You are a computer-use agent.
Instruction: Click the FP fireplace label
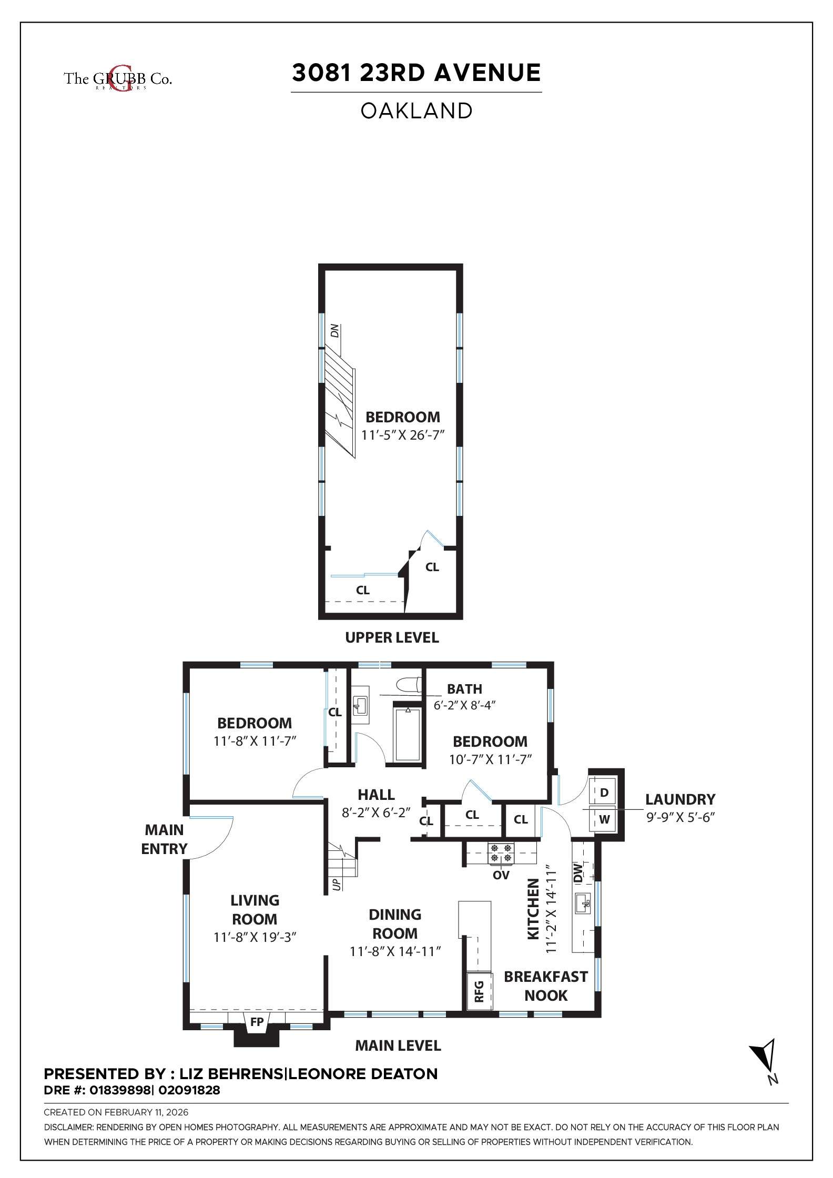point(257,1022)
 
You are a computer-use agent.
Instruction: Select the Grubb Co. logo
point(118,79)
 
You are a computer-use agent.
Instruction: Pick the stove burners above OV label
point(501,853)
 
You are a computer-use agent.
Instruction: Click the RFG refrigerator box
point(479,991)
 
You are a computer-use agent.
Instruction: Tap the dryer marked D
point(604,793)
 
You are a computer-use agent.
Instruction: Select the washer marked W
point(604,819)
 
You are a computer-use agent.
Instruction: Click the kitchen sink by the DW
point(583,904)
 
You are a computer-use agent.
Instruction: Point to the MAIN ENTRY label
point(164,839)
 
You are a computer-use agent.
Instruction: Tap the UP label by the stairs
point(337,884)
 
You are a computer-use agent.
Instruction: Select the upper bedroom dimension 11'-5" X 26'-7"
point(403,435)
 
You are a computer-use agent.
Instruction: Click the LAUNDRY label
point(680,799)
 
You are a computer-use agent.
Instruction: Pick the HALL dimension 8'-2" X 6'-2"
point(376,813)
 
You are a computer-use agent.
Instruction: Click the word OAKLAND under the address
point(416,111)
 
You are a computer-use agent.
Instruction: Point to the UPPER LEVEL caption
point(392,637)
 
